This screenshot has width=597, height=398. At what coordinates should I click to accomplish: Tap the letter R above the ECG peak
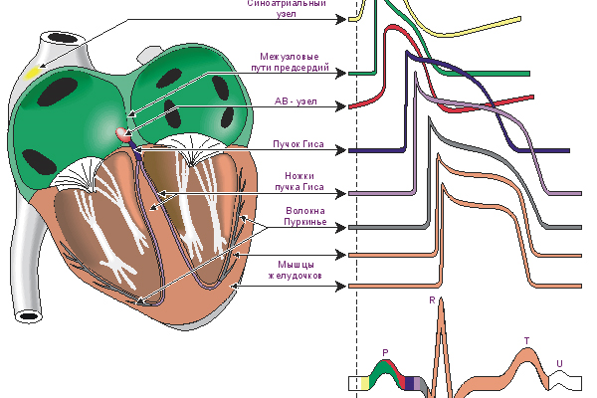431,299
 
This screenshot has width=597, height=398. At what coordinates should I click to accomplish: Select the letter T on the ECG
526,341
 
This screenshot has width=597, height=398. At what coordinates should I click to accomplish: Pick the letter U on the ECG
559,363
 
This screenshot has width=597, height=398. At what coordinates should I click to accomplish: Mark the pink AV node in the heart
123,132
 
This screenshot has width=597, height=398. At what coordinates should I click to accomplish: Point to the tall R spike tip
443,302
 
